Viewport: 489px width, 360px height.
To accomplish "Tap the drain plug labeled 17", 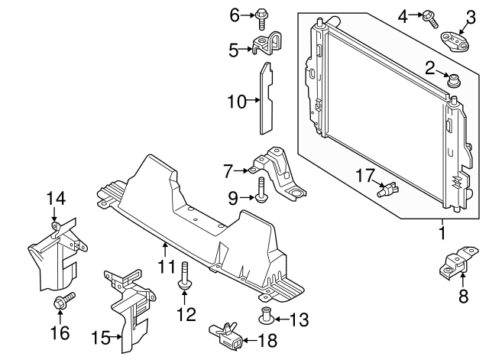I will [390, 188].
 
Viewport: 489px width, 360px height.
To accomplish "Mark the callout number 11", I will [166, 267].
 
